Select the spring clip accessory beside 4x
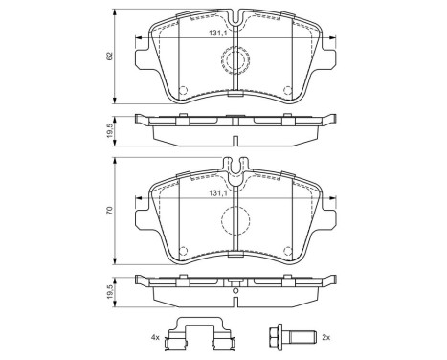click(x=198, y=334)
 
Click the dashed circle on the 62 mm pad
click(x=235, y=61)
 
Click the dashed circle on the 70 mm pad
click(x=235, y=220)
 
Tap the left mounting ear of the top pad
click(x=144, y=59)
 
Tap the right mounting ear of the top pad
click(x=326, y=59)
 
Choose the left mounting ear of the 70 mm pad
click(x=144, y=213)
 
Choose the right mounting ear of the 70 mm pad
click(x=326, y=213)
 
